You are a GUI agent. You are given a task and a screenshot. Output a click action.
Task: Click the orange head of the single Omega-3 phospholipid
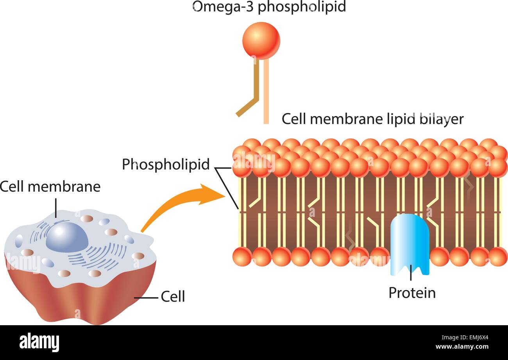[x=261, y=41]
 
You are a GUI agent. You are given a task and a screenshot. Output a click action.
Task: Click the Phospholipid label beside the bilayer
[x=166, y=164]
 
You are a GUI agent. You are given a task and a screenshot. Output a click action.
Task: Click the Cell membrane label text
[x=50, y=186]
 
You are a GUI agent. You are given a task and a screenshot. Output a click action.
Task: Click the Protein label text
[x=412, y=293]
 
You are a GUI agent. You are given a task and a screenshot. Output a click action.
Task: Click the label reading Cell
[x=173, y=297]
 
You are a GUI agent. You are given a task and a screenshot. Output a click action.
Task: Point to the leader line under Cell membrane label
[x=56, y=207]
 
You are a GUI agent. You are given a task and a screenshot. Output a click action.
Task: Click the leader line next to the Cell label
[x=147, y=298]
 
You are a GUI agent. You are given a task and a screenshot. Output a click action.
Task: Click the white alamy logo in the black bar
[x=39, y=342]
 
